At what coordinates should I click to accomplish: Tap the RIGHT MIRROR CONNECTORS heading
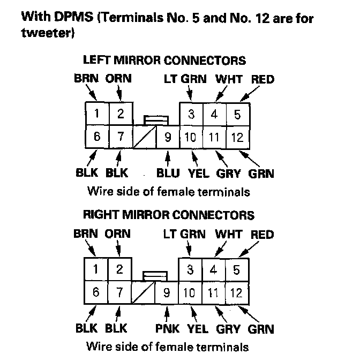(x=168, y=215)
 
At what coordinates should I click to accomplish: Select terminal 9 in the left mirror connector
(x=167, y=138)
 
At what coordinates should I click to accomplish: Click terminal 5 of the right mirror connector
(x=236, y=269)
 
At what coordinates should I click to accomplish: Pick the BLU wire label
(x=168, y=173)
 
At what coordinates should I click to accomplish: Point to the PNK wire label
(x=168, y=328)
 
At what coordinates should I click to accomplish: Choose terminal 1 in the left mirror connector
(x=97, y=114)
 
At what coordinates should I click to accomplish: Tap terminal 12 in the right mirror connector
(x=236, y=293)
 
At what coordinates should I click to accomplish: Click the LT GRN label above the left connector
(x=185, y=79)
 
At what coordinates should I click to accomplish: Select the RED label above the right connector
(x=262, y=235)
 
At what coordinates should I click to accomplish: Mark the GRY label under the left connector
(x=228, y=173)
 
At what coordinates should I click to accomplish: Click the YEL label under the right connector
(x=198, y=328)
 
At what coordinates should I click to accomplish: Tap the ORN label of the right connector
(x=117, y=235)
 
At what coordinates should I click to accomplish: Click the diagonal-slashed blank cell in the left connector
(x=144, y=137)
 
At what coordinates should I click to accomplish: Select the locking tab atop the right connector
(x=155, y=275)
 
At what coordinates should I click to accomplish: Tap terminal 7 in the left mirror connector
(x=121, y=137)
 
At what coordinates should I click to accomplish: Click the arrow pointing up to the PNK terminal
(x=168, y=312)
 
